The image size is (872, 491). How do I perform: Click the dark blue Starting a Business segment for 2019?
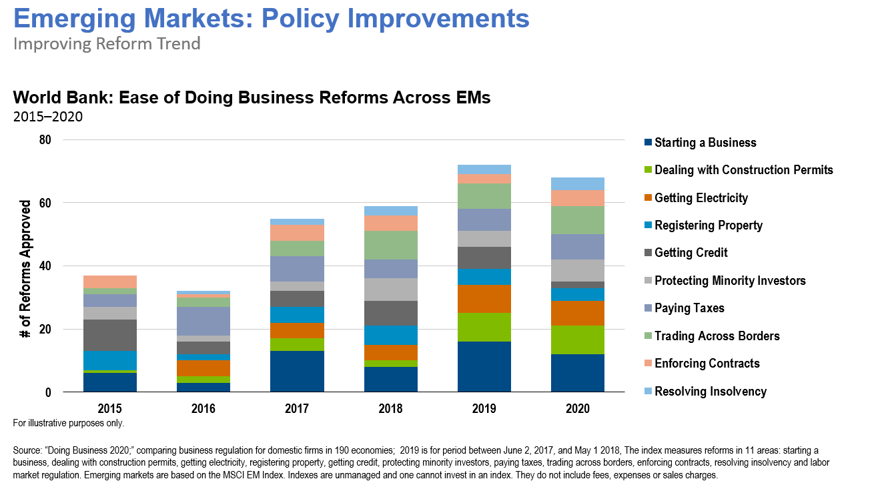(484, 367)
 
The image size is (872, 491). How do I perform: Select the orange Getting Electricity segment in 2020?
(577, 314)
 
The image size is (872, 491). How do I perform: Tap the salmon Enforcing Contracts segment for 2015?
(110, 282)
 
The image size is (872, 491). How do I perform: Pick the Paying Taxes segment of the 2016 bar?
(203, 321)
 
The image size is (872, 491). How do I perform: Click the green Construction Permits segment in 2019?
(484, 328)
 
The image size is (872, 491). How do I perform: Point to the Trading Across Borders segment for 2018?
(390, 246)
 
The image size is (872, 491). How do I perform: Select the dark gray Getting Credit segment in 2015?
(110, 336)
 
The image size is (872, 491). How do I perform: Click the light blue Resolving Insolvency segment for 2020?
(577, 184)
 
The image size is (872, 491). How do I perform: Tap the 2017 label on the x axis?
(297, 409)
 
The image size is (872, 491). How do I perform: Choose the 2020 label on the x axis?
(577, 409)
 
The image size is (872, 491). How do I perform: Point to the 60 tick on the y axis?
(46, 203)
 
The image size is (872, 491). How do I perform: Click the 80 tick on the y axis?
(46, 139)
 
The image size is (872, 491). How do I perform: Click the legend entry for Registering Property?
(709, 225)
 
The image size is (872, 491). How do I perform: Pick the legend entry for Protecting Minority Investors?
(730, 281)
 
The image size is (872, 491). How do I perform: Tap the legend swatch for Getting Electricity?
(648, 197)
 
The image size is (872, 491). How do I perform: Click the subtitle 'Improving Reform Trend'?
(107, 44)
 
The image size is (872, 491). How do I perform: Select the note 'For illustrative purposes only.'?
(69, 423)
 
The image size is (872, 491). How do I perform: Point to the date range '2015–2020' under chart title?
(47, 117)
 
